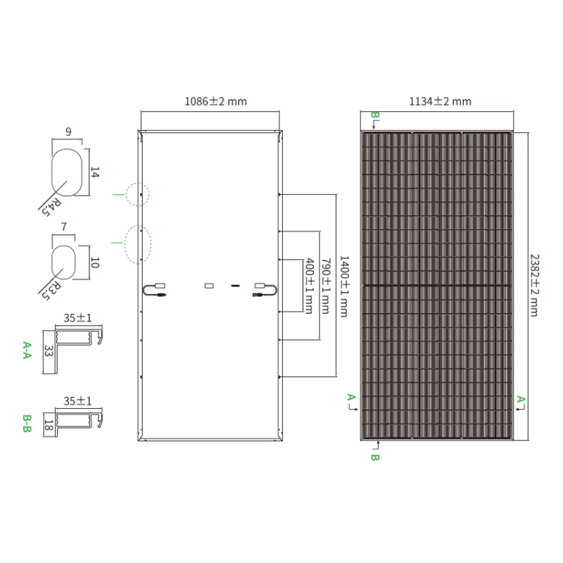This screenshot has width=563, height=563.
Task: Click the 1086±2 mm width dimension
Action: [215, 101]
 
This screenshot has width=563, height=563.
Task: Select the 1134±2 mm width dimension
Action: [441, 101]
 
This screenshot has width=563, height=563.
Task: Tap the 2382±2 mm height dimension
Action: [535, 286]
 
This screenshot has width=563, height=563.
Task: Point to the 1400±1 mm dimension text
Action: [344, 286]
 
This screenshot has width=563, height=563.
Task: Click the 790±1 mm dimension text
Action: [325, 286]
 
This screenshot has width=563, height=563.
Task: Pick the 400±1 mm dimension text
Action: [309, 286]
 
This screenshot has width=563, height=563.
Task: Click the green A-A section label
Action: [27, 350]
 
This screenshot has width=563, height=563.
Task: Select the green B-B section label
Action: [27, 424]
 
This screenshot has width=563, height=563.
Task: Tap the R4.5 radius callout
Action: [51, 208]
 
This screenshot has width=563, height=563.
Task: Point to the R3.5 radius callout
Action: [51, 290]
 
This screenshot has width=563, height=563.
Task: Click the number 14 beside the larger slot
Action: [94, 172]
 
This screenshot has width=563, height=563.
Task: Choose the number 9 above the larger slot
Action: [68, 132]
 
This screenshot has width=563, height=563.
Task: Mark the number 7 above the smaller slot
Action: [64, 227]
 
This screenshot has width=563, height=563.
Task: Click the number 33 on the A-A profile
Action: [49, 350]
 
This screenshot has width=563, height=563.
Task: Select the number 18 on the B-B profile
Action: [49, 425]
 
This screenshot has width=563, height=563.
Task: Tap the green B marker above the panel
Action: [374, 115]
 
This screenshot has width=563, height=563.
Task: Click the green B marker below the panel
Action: [374, 457]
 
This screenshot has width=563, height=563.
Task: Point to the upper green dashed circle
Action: [138, 194]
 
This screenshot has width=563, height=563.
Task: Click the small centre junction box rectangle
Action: [209, 286]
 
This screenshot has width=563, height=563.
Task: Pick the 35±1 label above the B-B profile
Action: [77, 400]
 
